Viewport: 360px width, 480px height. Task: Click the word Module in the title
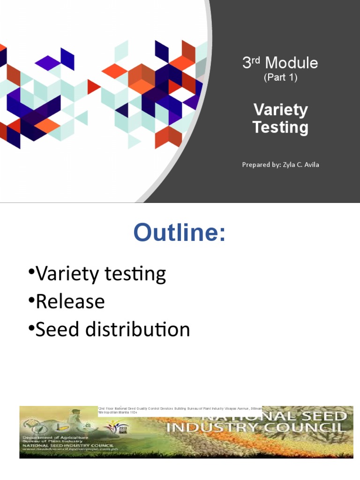pyautogui.click(x=292, y=63)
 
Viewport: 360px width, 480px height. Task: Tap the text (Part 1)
pyautogui.click(x=280, y=77)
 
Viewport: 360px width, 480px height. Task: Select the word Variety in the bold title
pyautogui.click(x=280, y=110)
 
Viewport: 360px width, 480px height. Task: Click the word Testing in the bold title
pyautogui.click(x=280, y=127)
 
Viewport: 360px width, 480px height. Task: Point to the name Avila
pyautogui.click(x=310, y=165)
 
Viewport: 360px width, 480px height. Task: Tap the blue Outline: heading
pyautogui.click(x=180, y=233)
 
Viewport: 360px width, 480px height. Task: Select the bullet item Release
pyautogui.click(x=70, y=301)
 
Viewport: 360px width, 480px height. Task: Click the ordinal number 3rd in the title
pyautogui.click(x=251, y=62)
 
